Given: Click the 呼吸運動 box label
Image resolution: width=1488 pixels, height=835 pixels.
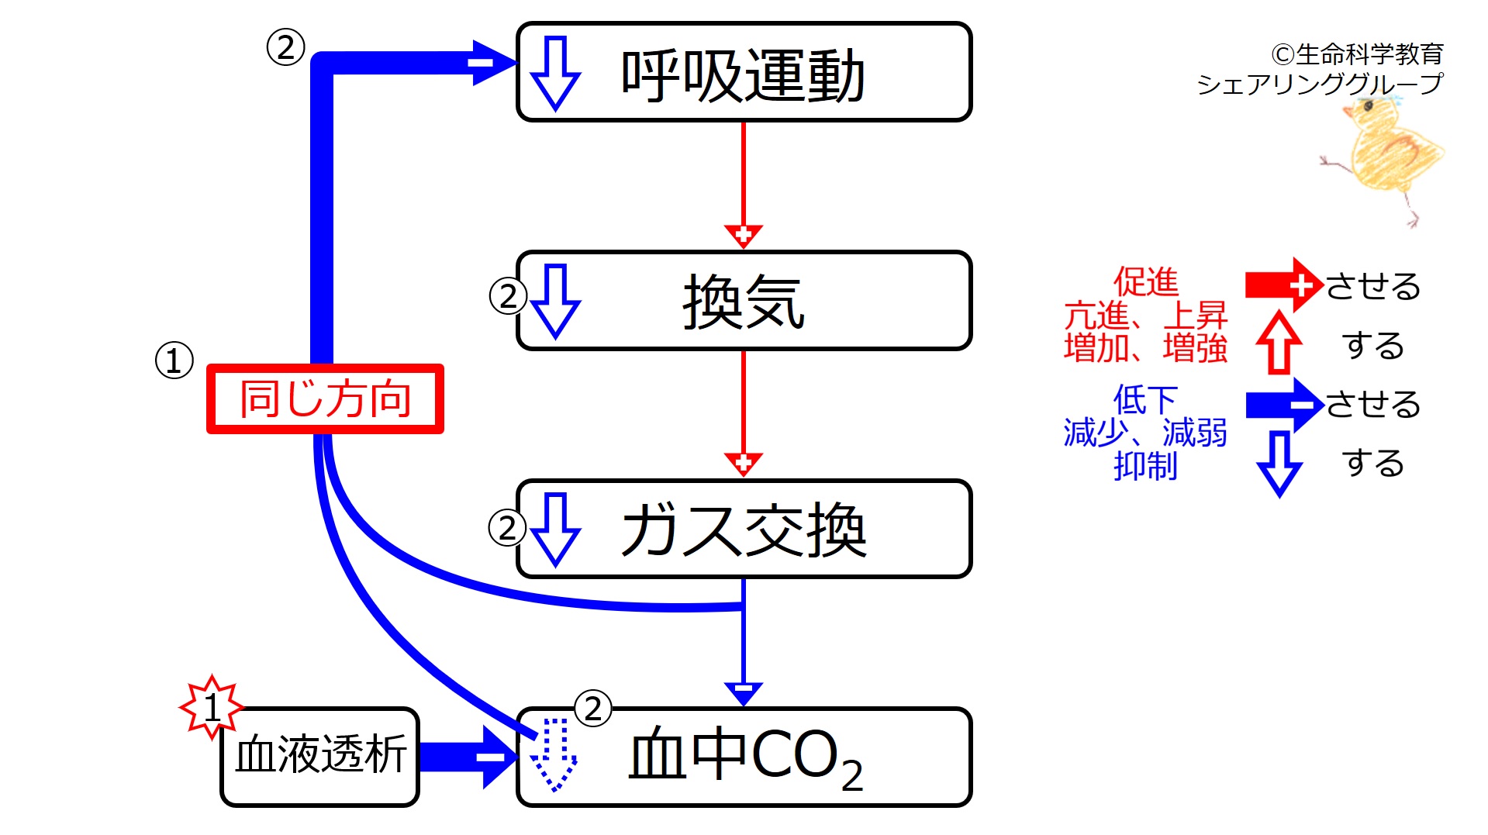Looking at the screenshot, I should [742, 75].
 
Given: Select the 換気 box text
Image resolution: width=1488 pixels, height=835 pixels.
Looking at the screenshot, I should [742, 302].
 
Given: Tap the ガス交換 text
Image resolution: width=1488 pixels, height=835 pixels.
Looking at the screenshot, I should [742, 530].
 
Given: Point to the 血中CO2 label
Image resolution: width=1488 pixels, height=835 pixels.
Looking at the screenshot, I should [744, 757].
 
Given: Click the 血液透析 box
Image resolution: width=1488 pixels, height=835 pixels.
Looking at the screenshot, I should [320, 755].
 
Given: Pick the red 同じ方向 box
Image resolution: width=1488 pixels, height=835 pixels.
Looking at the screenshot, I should [325, 399].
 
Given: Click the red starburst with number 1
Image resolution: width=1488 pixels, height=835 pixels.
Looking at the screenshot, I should [211, 706].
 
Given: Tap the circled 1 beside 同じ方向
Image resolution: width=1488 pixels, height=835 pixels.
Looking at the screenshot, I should [174, 361].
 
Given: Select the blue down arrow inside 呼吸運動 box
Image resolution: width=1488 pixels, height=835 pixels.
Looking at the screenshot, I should [555, 74].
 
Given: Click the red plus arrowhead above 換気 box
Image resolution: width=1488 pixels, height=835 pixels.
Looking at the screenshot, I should [743, 234].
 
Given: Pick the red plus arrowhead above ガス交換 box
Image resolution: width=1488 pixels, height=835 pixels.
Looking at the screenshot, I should [743, 463].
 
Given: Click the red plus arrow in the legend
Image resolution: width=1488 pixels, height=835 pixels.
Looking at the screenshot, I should [1283, 285].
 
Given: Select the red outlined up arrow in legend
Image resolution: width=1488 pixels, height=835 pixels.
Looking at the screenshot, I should [1279, 343].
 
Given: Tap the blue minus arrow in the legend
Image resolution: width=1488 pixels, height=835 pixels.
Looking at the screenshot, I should [1283, 404].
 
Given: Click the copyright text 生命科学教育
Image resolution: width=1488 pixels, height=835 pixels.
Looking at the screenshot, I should [1357, 54].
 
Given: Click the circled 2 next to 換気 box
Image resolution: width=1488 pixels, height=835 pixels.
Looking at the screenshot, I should [508, 296].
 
